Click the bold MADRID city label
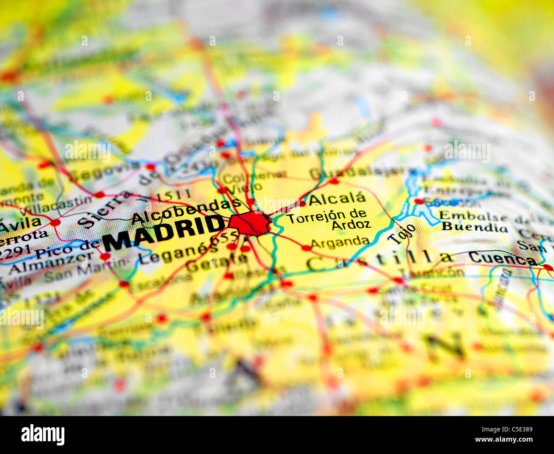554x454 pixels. (x=164, y=233)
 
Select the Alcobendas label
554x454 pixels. (x=186, y=211)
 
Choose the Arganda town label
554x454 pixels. (x=340, y=242)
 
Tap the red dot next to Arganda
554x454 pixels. (x=306, y=248)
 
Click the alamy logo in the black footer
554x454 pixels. (x=43, y=435)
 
